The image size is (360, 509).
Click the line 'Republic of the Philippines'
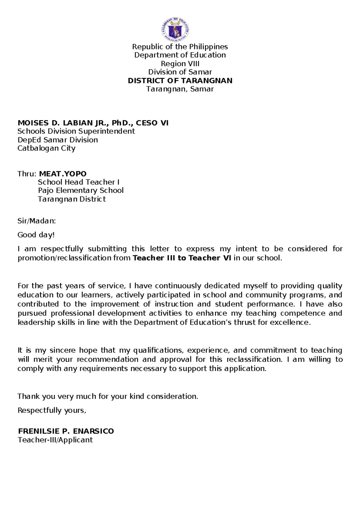click(x=180, y=47)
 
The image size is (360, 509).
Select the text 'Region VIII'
click(x=180, y=64)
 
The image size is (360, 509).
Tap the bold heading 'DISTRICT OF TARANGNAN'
click(x=180, y=81)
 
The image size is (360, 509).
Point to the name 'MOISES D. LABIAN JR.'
click(x=60, y=123)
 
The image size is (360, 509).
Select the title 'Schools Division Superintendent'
click(x=76, y=131)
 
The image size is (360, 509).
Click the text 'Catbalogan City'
click(x=46, y=148)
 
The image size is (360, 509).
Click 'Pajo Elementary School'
click(x=81, y=191)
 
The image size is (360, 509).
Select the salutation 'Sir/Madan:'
click(x=37, y=221)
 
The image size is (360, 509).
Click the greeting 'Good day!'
click(x=36, y=235)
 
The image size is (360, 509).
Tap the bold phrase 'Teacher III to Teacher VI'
click(x=181, y=258)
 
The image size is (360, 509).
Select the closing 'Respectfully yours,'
click(x=52, y=410)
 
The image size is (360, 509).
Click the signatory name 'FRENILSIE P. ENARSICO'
click(x=66, y=431)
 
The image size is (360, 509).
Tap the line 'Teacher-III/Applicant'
click(x=55, y=440)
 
